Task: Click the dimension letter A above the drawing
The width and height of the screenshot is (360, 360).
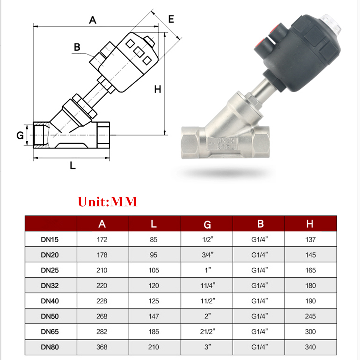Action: tap(93, 20)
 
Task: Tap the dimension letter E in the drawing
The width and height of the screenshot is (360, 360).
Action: tap(171, 19)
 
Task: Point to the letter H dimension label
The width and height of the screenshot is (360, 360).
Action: tap(157, 89)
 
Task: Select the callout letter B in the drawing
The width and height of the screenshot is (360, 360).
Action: tap(77, 47)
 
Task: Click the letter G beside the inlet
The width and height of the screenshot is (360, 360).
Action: tap(20, 136)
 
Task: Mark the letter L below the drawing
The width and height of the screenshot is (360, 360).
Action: tap(73, 166)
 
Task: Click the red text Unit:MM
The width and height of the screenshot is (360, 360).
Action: tap(108, 202)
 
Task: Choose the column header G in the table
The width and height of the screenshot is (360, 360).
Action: tap(207, 225)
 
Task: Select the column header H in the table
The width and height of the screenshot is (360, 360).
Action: tap(310, 224)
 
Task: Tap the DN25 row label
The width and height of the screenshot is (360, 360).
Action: tap(50, 270)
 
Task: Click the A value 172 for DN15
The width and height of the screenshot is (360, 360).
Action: tap(102, 239)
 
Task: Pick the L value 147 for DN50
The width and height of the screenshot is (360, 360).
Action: tap(154, 316)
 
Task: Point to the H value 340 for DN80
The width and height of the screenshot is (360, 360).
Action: tap(310, 347)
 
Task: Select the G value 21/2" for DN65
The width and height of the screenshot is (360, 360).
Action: tap(207, 332)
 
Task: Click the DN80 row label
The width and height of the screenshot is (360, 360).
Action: tap(50, 347)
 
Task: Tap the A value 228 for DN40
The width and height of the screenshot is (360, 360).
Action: tap(102, 301)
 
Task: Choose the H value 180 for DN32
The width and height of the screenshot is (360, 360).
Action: tap(310, 285)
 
